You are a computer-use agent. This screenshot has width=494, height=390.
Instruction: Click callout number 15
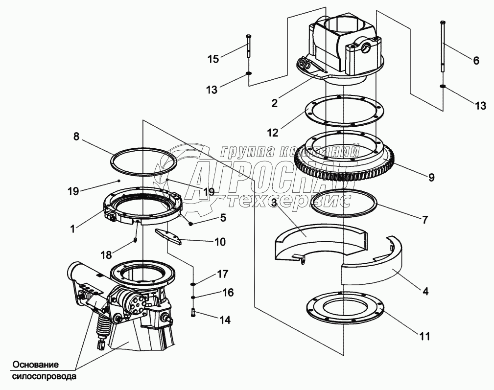point(213,59)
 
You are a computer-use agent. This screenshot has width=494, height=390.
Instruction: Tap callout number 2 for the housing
point(274,103)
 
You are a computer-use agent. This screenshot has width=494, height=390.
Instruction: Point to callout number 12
point(272,132)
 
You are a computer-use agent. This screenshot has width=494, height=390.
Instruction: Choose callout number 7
point(424,220)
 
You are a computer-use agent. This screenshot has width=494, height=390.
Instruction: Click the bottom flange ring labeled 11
point(346,311)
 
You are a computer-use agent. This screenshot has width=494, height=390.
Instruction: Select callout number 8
point(76,137)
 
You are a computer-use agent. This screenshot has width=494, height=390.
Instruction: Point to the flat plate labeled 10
point(169,236)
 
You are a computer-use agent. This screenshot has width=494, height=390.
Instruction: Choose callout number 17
point(223,273)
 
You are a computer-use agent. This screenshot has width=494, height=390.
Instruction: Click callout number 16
point(228,293)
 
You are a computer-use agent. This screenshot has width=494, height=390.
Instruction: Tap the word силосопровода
point(45,377)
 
